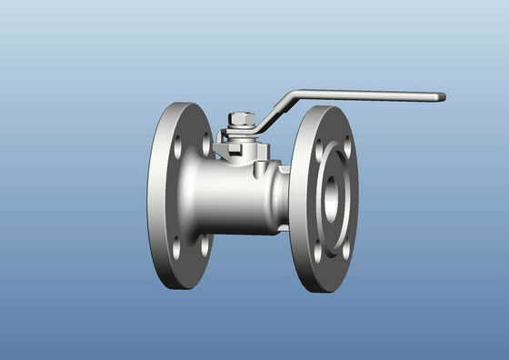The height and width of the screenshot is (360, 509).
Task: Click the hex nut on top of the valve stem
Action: point(241,119)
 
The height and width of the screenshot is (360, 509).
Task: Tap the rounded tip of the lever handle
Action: point(442,96)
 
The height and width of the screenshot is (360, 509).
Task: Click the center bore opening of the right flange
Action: point(331,194)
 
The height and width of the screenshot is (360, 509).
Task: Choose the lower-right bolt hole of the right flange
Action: point(345,247)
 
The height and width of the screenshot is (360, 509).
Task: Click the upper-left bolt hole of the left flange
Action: point(177,145)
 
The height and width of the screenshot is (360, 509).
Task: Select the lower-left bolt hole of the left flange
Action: point(176,245)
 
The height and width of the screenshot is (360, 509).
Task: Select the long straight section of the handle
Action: point(364,95)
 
